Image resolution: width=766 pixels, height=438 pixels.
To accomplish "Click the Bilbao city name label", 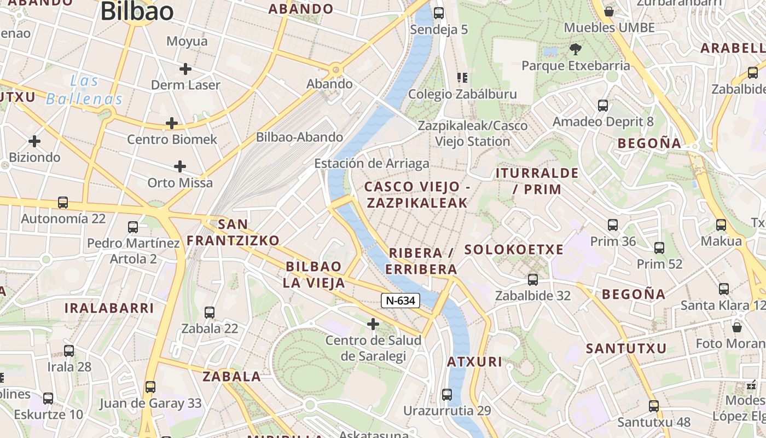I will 137,11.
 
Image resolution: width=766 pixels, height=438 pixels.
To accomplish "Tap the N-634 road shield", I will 401,300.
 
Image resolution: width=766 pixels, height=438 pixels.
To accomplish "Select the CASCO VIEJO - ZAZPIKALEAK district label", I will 417,195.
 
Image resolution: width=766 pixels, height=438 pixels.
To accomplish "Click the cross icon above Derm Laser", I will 185,69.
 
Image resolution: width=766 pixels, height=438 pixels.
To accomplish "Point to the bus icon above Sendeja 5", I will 438,13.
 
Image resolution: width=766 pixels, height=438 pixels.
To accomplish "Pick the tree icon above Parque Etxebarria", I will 575,50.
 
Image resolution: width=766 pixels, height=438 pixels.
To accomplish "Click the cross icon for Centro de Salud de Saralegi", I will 373,325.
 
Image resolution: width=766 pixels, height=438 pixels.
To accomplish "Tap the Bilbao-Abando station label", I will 299,137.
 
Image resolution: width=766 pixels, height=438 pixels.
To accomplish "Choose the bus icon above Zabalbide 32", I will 532,280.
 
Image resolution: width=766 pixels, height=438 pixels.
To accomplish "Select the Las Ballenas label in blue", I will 84,90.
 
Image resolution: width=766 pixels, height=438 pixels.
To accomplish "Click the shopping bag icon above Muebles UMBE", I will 608,11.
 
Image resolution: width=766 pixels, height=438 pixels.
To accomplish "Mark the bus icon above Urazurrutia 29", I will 447,395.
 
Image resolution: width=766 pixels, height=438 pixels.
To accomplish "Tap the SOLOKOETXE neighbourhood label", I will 514,250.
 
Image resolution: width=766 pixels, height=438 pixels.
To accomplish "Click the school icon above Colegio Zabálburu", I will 462,78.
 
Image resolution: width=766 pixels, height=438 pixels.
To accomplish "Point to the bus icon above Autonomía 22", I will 63,203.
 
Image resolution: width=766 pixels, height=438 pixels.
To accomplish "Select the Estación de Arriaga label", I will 372,164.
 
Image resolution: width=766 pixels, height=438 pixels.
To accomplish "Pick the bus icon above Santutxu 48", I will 653,406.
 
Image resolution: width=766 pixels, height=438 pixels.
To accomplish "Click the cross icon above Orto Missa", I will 180,166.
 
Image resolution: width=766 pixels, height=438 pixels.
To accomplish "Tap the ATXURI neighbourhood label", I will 474,362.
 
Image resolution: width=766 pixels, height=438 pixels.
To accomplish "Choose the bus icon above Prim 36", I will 613,225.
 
